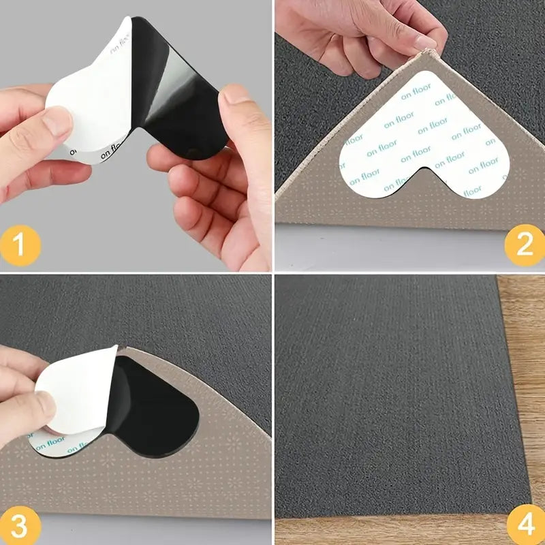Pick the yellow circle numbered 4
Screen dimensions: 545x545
pos(525,526)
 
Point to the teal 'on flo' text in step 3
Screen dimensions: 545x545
pos(51,446)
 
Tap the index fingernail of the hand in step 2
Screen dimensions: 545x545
pos(424,42)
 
